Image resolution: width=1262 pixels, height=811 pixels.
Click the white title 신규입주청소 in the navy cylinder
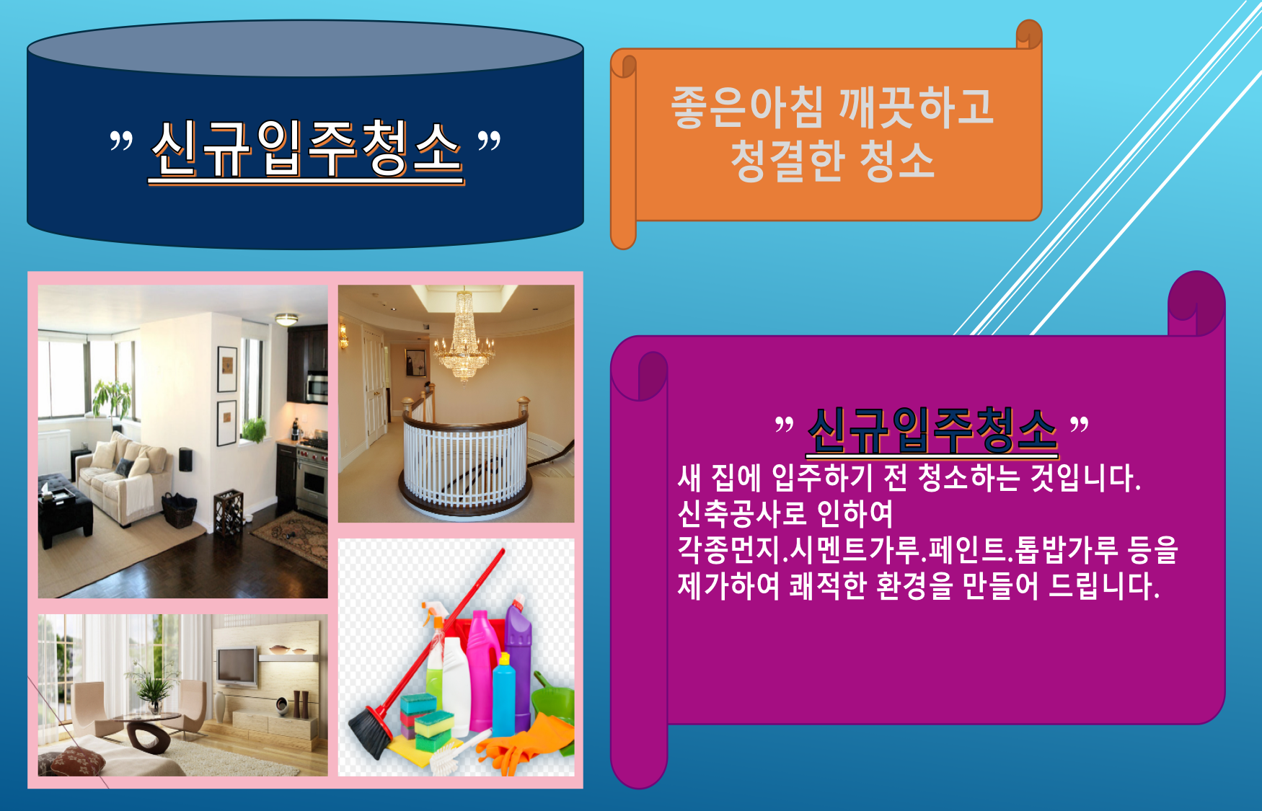pyautogui.click(x=306, y=149)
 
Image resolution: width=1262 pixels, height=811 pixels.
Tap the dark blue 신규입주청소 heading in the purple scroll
pyautogui.click(x=932, y=430)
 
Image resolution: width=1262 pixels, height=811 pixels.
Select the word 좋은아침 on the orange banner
pyautogui.click(x=746, y=107)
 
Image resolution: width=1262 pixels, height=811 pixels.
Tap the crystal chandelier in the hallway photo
pyautogui.click(x=464, y=339)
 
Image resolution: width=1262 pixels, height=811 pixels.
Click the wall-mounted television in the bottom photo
pyautogui.click(x=237, y=667)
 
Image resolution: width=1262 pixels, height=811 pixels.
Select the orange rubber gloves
pyautogui.click(x=530, y=743)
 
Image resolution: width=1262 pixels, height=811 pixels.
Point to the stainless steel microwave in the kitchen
pyautogui.click(x=317, y=387)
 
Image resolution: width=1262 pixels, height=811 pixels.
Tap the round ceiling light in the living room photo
pyautogui.click(x=286, y=319)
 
